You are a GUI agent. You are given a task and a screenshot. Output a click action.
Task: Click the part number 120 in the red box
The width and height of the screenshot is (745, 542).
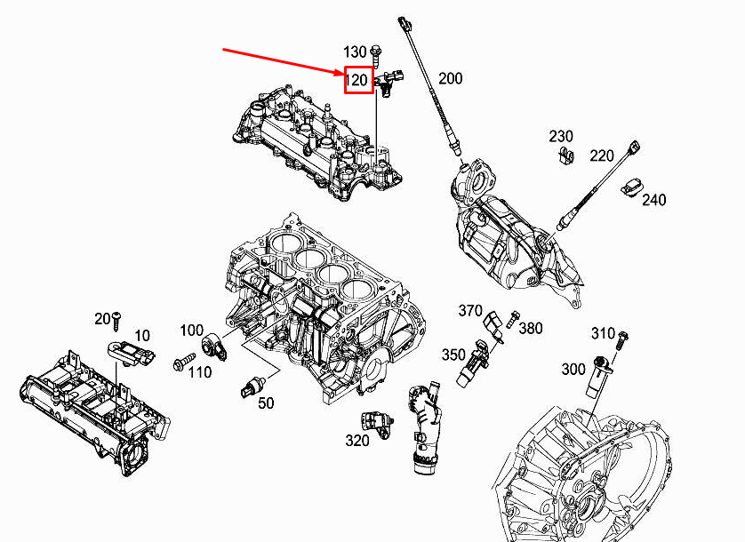tap(357, 81)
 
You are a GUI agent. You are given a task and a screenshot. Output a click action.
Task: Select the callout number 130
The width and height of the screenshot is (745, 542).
tap(355, 51)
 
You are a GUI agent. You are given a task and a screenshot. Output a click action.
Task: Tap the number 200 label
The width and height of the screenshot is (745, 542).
tap(450, 79)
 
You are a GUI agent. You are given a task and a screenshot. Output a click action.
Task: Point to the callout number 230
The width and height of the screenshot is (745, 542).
tap(561, 137)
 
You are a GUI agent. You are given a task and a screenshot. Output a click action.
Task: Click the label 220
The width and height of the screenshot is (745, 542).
tap(602, 156)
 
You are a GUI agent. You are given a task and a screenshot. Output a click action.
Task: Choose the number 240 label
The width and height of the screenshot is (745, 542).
tap(653, 200)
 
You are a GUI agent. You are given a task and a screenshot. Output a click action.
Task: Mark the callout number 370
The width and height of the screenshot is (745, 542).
tap(470, 310)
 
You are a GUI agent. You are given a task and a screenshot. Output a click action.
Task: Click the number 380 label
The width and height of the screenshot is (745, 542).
tap(530, 329)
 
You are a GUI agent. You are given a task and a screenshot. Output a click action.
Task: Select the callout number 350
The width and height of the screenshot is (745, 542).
tap(453, 355)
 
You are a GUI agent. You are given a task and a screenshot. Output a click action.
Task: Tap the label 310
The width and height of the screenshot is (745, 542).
tap(604, 333)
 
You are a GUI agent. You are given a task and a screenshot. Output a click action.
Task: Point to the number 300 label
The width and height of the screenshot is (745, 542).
tap(573, 368)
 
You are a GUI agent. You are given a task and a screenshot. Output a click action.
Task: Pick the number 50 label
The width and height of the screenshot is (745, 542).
tap(266, 403)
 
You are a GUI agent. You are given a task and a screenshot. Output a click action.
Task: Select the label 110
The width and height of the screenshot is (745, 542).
tap(200, 372)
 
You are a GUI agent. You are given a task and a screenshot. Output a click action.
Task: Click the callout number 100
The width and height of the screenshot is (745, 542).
tap(191, 331)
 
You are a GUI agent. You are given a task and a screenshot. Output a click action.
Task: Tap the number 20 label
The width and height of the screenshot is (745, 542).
tap(101, 318)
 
